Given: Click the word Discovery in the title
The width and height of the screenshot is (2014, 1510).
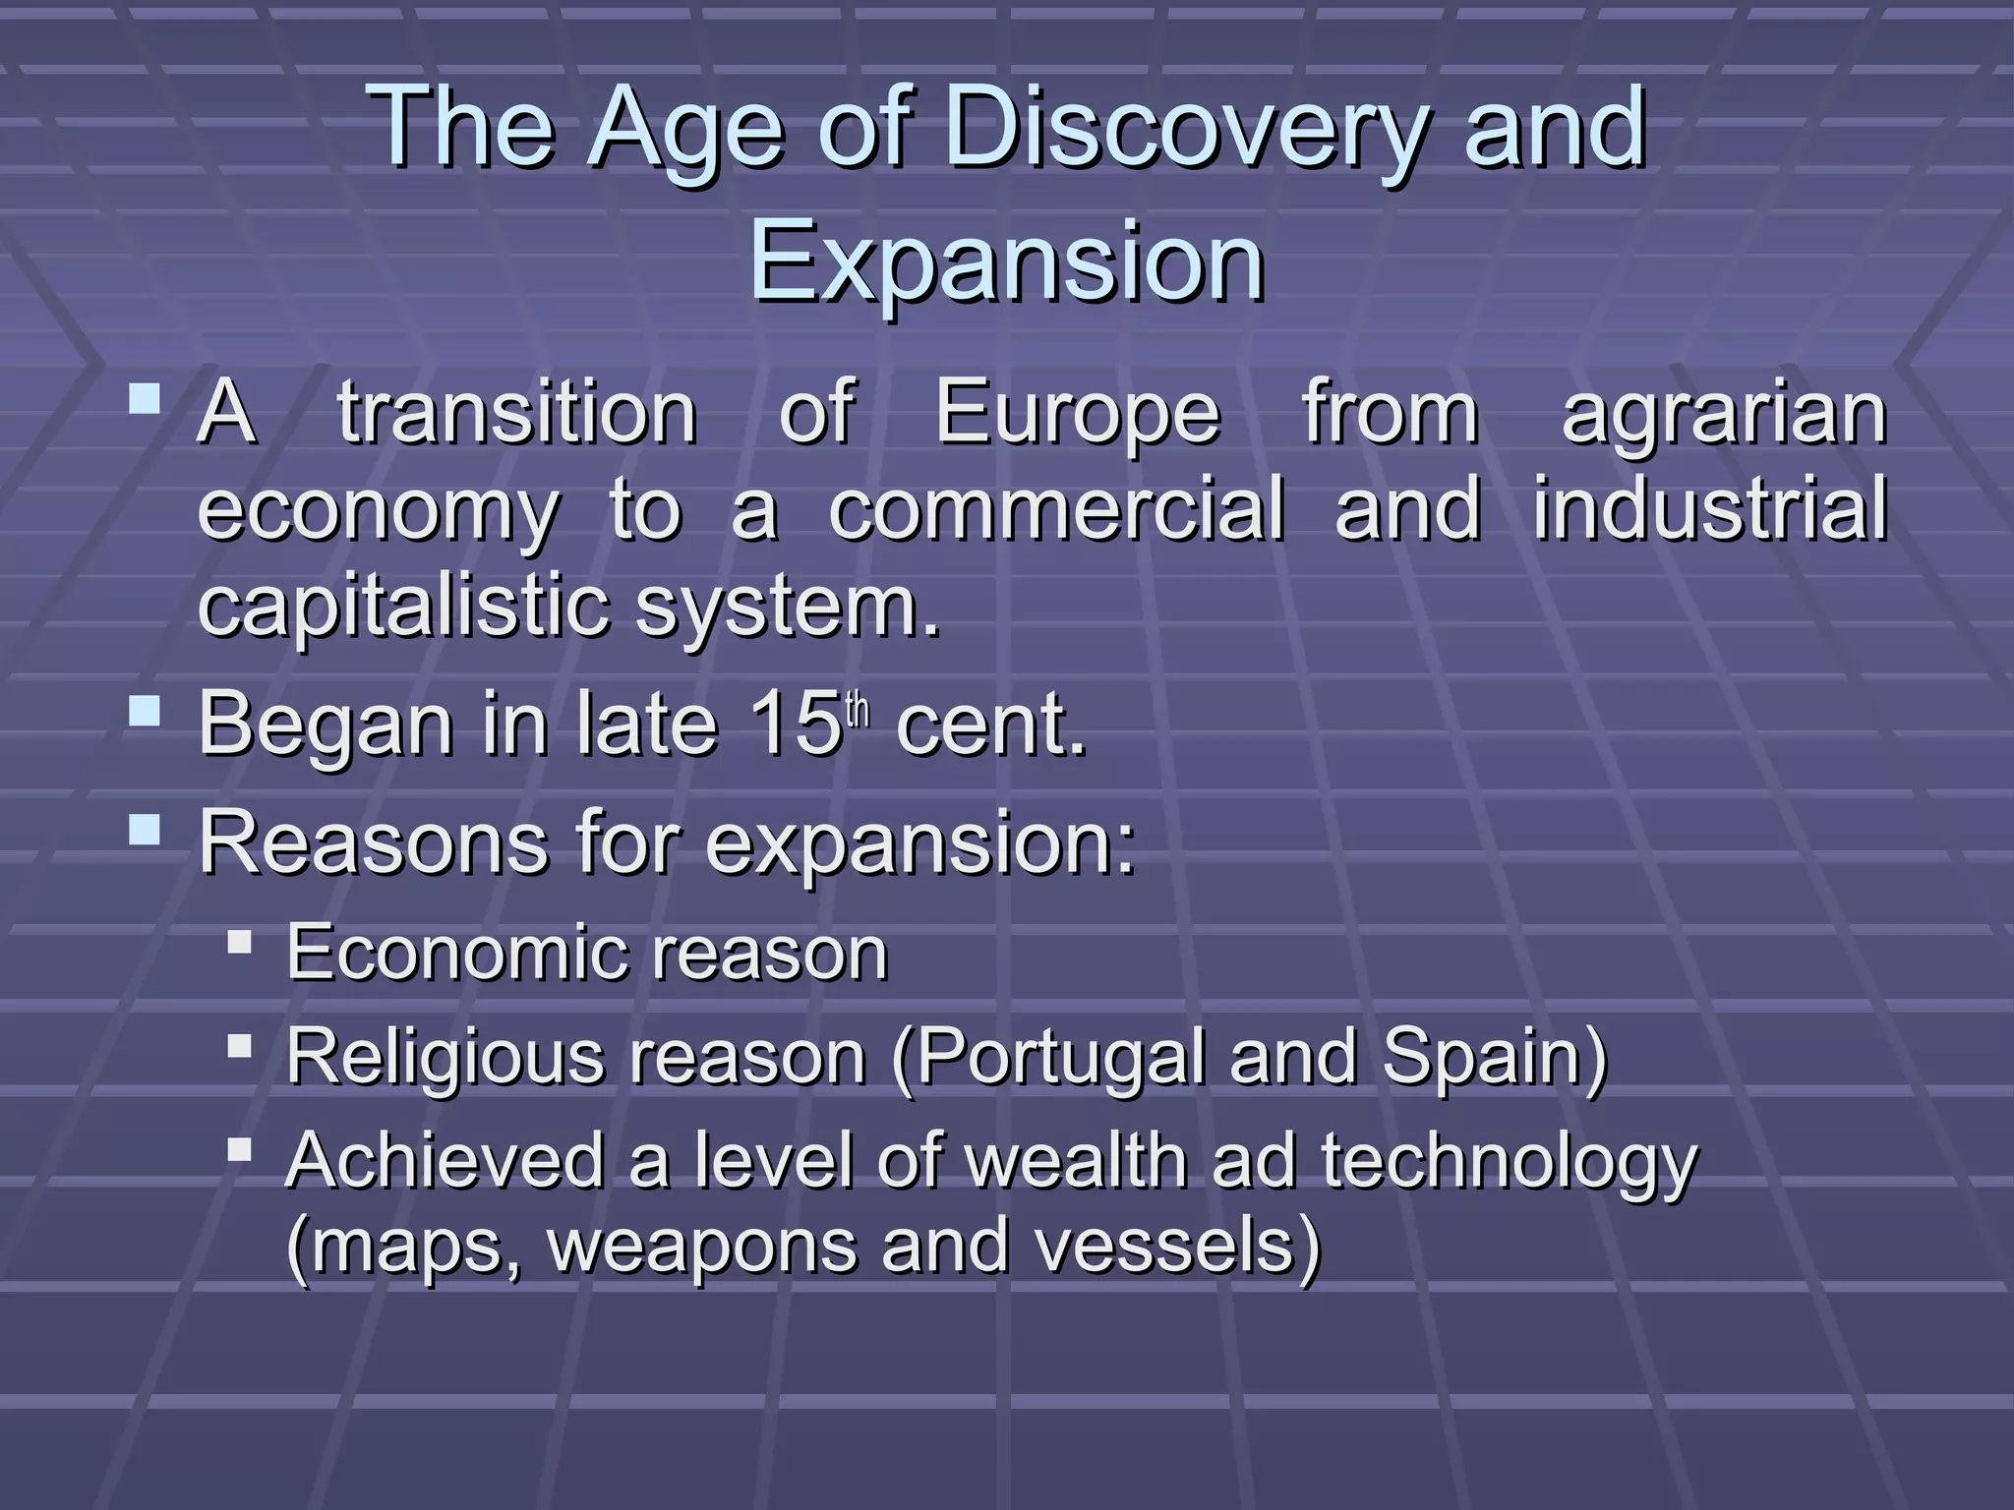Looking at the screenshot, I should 1185,128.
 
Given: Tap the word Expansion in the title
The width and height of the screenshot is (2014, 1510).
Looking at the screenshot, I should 1006,261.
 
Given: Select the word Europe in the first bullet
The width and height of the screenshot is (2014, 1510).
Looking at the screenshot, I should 1077,413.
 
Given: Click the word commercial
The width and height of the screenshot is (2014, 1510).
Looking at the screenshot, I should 1056,509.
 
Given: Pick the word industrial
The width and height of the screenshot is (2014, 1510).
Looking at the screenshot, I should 1710,509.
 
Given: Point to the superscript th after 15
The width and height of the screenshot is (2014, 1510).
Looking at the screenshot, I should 859,710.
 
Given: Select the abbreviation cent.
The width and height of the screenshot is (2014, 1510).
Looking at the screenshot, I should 991,726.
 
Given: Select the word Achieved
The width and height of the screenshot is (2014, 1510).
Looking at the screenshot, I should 444,1160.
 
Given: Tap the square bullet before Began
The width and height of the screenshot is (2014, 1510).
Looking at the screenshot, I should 145,711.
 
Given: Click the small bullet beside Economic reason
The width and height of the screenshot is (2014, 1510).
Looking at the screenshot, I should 239,943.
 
